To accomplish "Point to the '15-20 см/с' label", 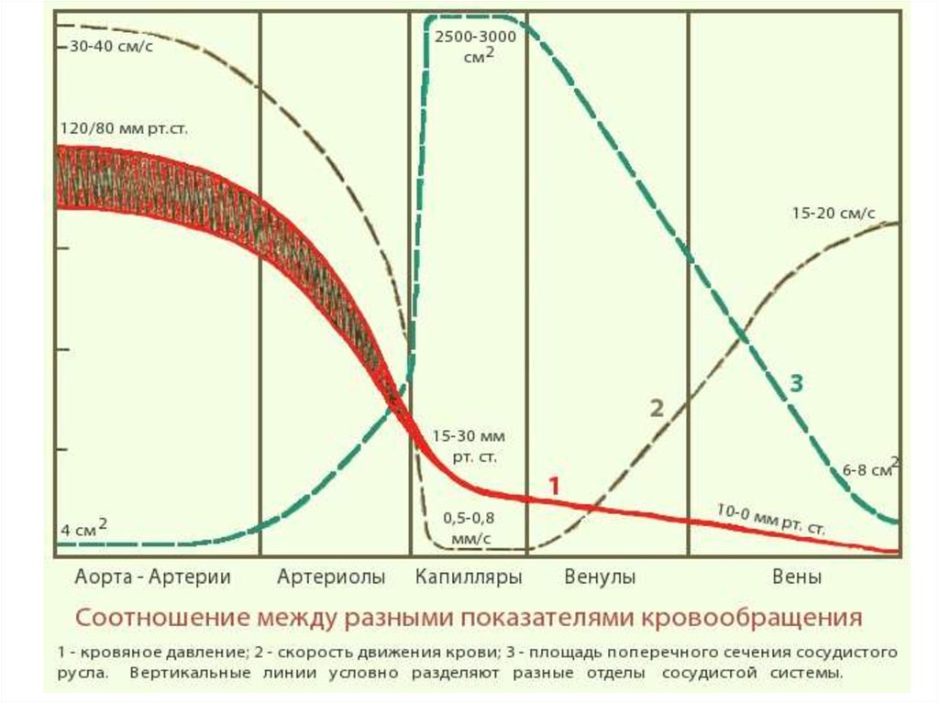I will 833,214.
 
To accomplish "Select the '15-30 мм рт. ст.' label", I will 469,445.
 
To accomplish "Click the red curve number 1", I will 553,486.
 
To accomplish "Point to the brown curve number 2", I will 657,409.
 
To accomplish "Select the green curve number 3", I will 796,384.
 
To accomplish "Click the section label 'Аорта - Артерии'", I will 151,577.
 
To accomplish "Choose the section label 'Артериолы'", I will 331,577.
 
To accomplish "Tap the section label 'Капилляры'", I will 469,577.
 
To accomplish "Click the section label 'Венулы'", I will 601,577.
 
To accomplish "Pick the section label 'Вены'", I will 797,577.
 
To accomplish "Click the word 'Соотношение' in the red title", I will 161,617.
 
